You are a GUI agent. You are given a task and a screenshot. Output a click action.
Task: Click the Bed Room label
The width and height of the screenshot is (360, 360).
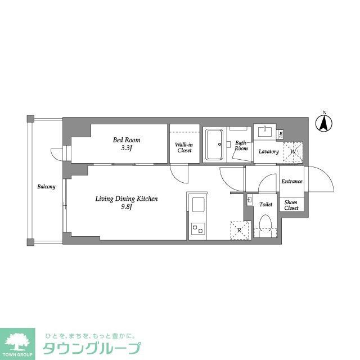click(127, 139)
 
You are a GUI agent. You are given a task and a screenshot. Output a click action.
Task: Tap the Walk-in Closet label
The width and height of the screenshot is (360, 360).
click(184, 147)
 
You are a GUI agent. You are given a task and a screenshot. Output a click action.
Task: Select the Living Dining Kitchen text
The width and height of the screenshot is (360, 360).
click(126, 199)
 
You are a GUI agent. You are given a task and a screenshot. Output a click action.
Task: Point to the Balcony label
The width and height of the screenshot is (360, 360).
click(46, 186)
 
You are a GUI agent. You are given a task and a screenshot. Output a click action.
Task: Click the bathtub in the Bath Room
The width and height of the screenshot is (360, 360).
click(214, 145)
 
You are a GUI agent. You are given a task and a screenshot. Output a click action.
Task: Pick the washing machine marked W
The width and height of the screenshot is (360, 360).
click(292, 151)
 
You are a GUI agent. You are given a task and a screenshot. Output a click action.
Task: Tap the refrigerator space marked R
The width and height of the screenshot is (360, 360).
click(238, 230)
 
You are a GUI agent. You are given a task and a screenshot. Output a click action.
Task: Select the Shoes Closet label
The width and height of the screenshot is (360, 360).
click(291, 205)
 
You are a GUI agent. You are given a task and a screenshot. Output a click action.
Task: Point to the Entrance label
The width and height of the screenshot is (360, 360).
click(292, 181)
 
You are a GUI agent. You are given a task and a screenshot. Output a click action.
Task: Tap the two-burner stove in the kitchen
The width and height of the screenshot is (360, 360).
click(197, 228)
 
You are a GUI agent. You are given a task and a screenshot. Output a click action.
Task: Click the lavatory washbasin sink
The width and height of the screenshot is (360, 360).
click(265, 132)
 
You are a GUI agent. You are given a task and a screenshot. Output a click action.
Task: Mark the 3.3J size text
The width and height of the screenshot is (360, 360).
click(127, 148)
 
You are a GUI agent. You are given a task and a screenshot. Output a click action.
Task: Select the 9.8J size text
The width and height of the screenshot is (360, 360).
click(126, 206)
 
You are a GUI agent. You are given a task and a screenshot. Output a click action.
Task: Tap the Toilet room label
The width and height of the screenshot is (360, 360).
click(265, 204)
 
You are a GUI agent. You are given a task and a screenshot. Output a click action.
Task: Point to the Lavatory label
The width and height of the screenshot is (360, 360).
click(269, 152)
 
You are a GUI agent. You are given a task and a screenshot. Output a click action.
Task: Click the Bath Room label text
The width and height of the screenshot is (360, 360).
click(241, 146)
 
